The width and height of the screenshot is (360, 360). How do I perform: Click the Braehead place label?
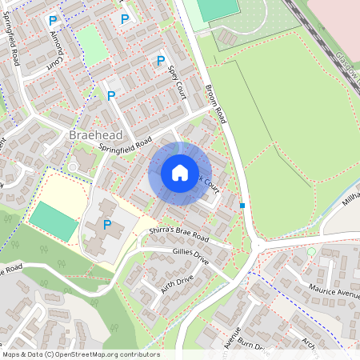pyautogui.click(x=94, y=135)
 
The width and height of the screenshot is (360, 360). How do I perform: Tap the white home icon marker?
pyautogui.click(x=180, y=173)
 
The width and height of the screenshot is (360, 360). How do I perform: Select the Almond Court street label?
pyautogui.click(x=56, y=48)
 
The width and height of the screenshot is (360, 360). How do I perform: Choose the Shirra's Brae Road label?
pyautogui.click(x=179, y=234)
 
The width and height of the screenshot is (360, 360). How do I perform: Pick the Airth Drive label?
pyautogui.click(x=177, y=282)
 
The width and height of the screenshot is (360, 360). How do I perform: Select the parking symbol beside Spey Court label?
pyautogui.click(x=160, y=60)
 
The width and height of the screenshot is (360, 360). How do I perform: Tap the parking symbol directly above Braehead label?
pyautogui.click(x=111, y=95)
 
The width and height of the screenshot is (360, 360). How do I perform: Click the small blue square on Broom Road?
pyautogui.click(x=242, y=206)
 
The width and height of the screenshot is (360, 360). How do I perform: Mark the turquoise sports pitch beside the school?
pyautogui.click(x=54, y=221)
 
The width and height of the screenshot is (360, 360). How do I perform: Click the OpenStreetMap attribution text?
pyautogui.click(x=81, y=354)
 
